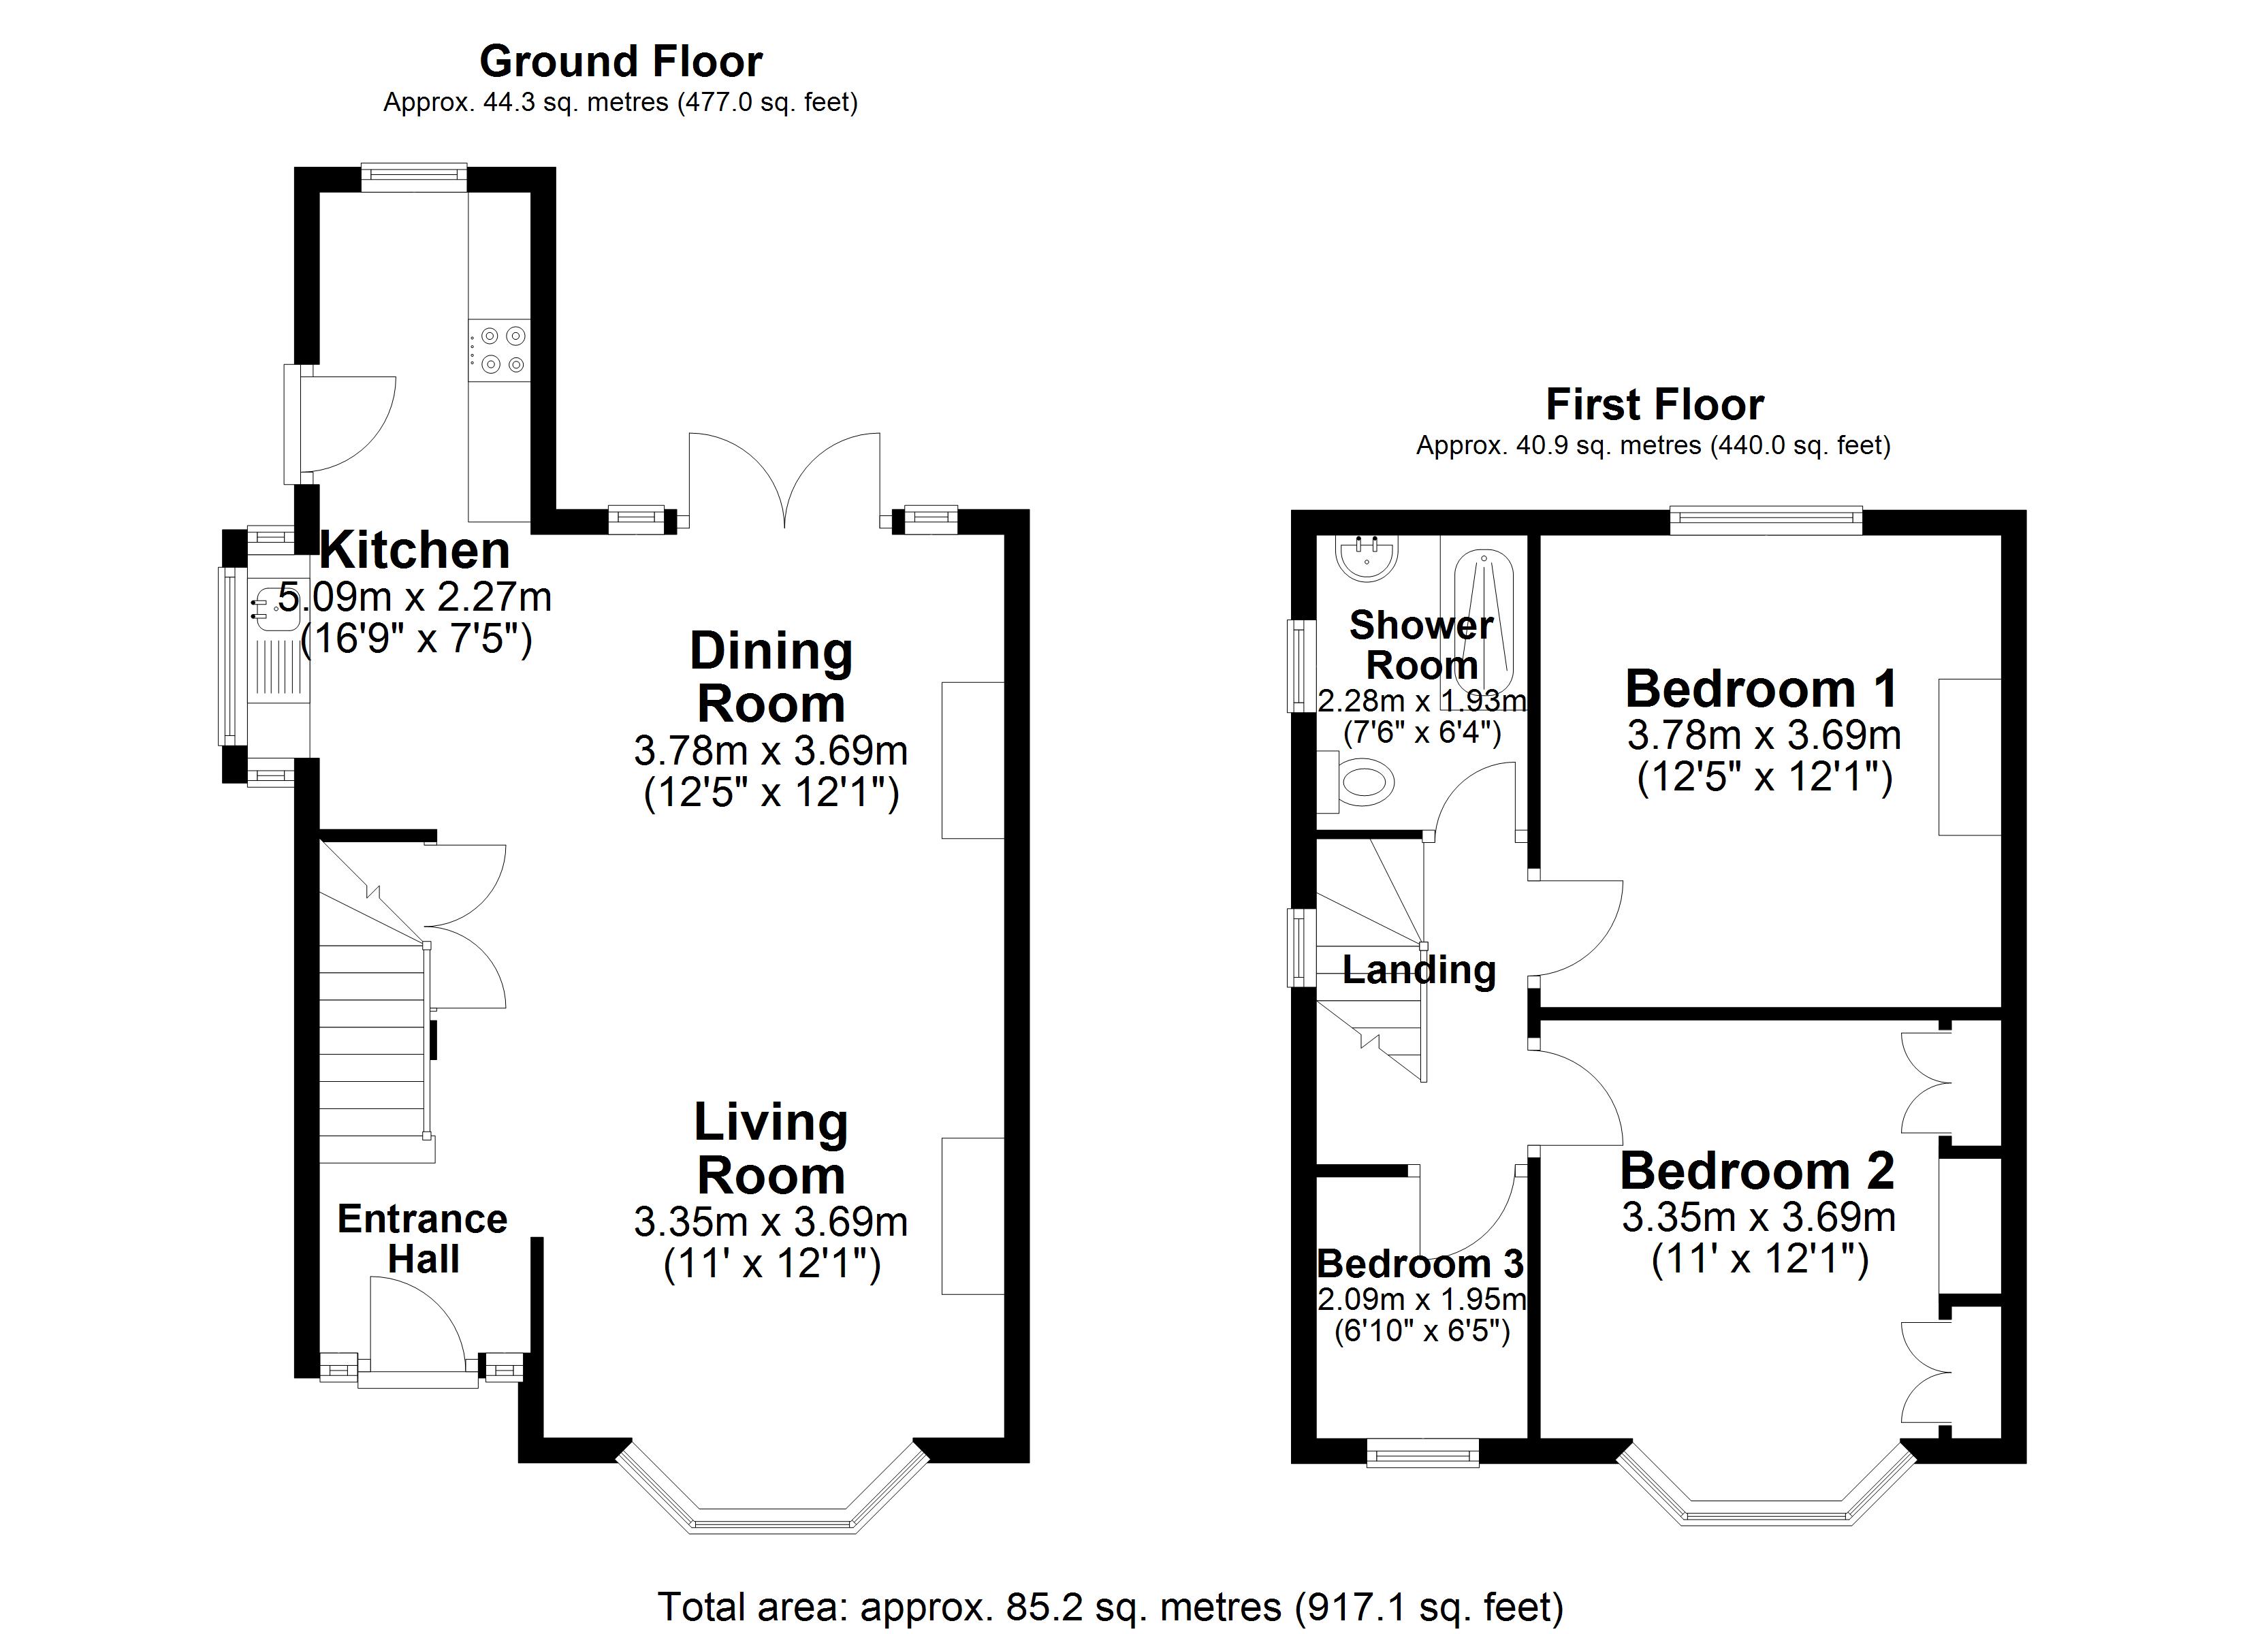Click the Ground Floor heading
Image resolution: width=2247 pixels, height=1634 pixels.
click(x=620, y=61)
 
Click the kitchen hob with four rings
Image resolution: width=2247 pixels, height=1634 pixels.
click(x=500, y=350)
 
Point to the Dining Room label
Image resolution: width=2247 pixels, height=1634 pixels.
click(x=771, y=678)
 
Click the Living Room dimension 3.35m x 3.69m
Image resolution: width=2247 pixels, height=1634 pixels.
click(x=771, y=1222)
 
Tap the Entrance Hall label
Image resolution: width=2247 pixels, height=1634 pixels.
click(x=422, y=1238)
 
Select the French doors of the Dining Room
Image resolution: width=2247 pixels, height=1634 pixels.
click(x=784, y=481)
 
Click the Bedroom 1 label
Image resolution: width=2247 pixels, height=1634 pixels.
click(x=1761, y=689)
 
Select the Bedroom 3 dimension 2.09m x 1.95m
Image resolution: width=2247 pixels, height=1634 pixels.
click(x=1421, y=1298)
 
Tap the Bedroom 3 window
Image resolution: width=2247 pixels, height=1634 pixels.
click(x=1422, y=1453)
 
